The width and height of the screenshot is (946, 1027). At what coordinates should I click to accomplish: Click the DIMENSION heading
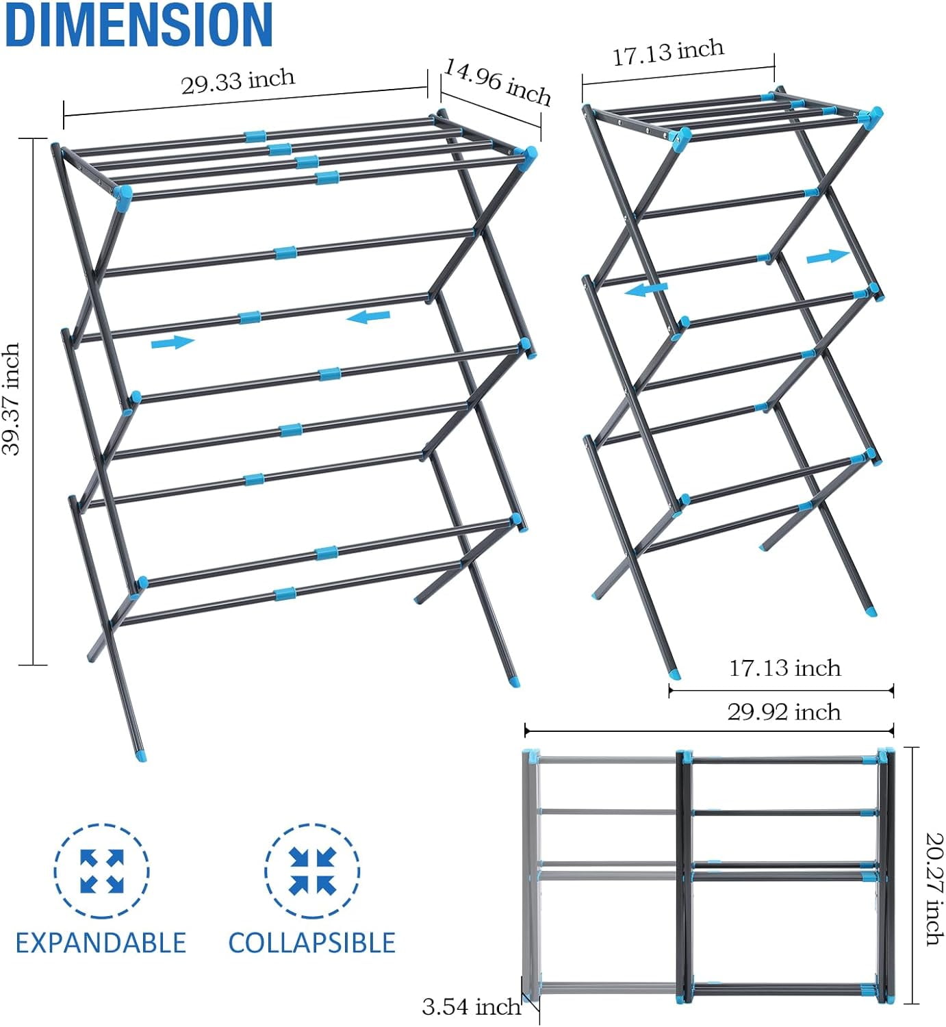(138, 25)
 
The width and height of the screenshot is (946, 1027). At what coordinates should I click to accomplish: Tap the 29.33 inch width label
(238, 81)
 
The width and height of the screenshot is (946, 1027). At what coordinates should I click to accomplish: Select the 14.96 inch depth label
(498, 82)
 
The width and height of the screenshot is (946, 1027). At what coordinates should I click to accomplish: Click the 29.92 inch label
(784, 712)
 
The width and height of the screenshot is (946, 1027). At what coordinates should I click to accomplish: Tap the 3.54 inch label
(471, 1006)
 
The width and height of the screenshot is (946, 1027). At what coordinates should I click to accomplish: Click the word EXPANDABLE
(101, 943)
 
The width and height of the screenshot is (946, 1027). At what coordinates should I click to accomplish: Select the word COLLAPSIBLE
(311, 943)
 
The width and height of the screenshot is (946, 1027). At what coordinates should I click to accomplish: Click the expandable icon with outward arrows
(102, 872)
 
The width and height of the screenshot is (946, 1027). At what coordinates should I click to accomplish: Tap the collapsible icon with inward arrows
(312, 872)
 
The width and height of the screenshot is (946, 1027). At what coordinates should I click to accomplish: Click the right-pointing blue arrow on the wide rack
(172, 342)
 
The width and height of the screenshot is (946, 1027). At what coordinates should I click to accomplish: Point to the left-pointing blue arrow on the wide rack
(368, 317)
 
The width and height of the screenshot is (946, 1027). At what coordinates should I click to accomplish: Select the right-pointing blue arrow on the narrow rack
(828, 256)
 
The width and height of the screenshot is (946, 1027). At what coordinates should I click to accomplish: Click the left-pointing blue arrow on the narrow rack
(645, 290)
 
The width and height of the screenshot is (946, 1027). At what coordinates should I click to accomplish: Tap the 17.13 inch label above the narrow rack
(667, 52)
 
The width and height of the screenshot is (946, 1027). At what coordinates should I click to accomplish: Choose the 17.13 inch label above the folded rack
(784, 668)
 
